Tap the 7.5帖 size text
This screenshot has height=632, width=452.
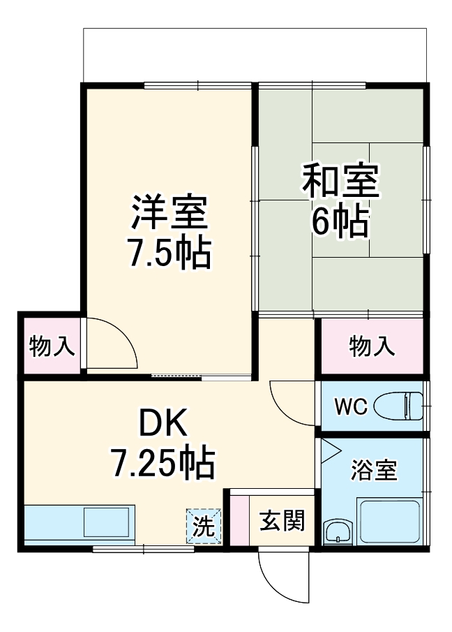(x=168, y=255)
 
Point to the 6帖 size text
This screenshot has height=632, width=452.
(x=340, y=222)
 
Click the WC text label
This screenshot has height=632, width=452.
(x=351, y=406)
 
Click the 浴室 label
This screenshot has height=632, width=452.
(x=373, y=471)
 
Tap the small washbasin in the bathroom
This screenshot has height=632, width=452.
(x=338, y=532)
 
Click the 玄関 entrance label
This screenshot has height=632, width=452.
(x=282, y=520)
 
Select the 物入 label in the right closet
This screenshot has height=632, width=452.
(x=372, y=346)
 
